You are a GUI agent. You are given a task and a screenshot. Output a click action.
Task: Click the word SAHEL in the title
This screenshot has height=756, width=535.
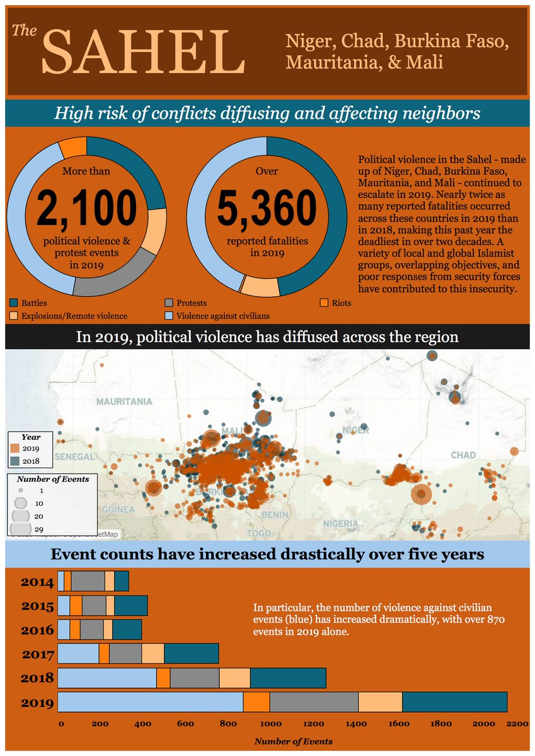[x=144, y=52]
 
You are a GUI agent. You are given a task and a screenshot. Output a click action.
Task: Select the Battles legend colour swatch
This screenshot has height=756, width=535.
[x=14, y=303]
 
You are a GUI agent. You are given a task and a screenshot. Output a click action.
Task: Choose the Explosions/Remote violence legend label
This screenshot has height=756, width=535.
[x=74, y=316]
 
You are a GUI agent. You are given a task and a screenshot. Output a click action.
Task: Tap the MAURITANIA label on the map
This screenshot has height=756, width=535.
[x=124, y=401]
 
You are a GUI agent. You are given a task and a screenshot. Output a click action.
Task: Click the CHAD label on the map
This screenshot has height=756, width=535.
[x=463, y=455]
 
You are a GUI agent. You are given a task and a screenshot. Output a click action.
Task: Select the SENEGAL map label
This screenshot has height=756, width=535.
[x=74, y=456]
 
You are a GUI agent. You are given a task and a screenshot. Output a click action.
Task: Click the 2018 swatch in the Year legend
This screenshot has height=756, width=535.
[x=15, y=461]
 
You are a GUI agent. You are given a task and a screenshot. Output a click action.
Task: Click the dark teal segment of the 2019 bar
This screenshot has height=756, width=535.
[x=454, y=702]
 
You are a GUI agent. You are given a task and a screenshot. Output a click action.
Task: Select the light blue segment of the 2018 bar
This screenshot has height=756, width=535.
[x=107, y=678]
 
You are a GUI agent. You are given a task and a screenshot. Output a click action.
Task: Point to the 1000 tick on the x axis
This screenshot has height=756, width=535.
[x=269, y=724]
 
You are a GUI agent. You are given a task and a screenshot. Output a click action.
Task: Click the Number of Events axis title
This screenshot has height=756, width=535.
[x=293, y=742]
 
